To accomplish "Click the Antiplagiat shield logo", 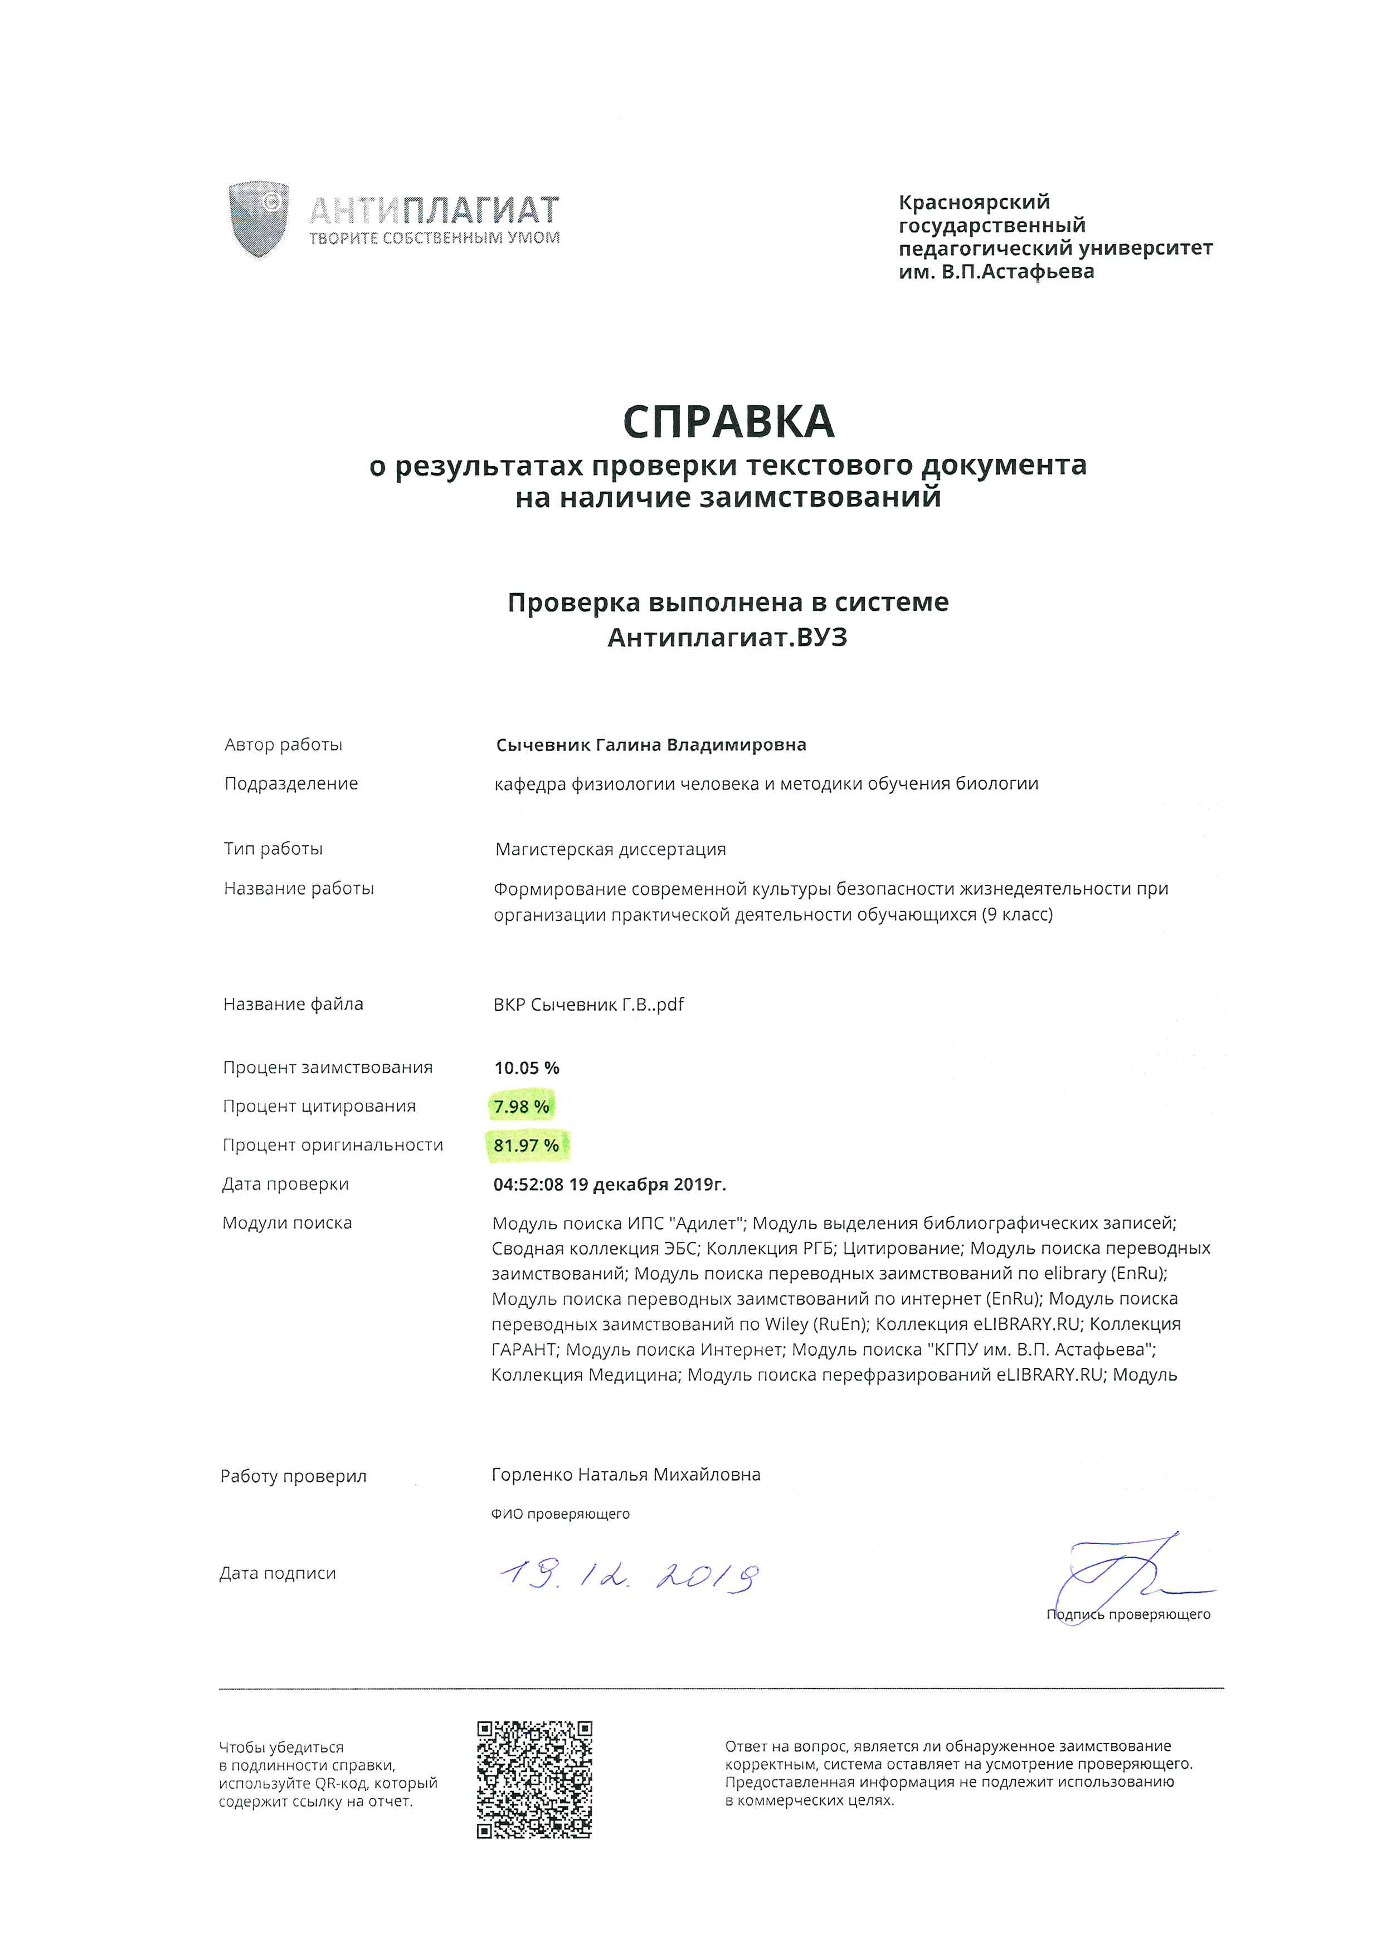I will point(259,219).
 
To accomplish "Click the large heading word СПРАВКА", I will point(728,422).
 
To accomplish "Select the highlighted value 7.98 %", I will point(521,1107).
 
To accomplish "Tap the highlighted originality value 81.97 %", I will point(526,1146).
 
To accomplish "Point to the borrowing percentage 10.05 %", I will point(527,1068).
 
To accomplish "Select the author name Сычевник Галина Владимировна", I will point(651,745).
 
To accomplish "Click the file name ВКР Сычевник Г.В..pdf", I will point(588,1005).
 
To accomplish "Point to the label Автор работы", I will point(284,745).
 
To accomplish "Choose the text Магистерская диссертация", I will point(610,849).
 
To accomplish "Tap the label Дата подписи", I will point(278,1574).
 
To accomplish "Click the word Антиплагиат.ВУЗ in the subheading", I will point(728,638).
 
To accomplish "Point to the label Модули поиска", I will point(287,1223).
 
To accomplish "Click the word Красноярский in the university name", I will point(974,203).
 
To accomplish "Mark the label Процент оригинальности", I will point(333,1145).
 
